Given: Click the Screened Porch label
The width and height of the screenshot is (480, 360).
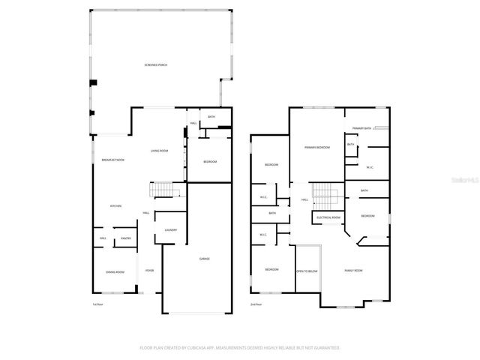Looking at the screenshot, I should pos(156,65).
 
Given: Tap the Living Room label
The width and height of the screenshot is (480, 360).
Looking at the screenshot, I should pos(159,151).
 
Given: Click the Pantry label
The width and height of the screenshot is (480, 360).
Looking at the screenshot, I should pos(126,238).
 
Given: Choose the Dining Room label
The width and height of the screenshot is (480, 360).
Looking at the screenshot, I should pos(115,271).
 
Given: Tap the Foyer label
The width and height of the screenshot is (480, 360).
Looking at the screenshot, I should pos(149,270).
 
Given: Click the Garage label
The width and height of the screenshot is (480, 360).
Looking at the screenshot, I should pos(204,259).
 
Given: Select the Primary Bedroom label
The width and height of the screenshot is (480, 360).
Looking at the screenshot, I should pos(317,148).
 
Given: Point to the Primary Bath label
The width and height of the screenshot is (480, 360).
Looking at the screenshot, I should pos(362,128).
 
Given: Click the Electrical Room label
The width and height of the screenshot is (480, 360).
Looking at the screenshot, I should pos(328,217).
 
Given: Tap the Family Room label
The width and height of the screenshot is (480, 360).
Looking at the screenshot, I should pos(352,270).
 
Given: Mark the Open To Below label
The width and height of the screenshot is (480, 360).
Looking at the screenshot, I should pos(307,271).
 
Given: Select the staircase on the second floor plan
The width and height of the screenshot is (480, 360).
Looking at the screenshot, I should pos(324,197).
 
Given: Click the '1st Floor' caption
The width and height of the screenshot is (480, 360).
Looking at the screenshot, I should pos(97,304).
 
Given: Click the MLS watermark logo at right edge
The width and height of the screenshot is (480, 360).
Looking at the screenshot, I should pos(469,181).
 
